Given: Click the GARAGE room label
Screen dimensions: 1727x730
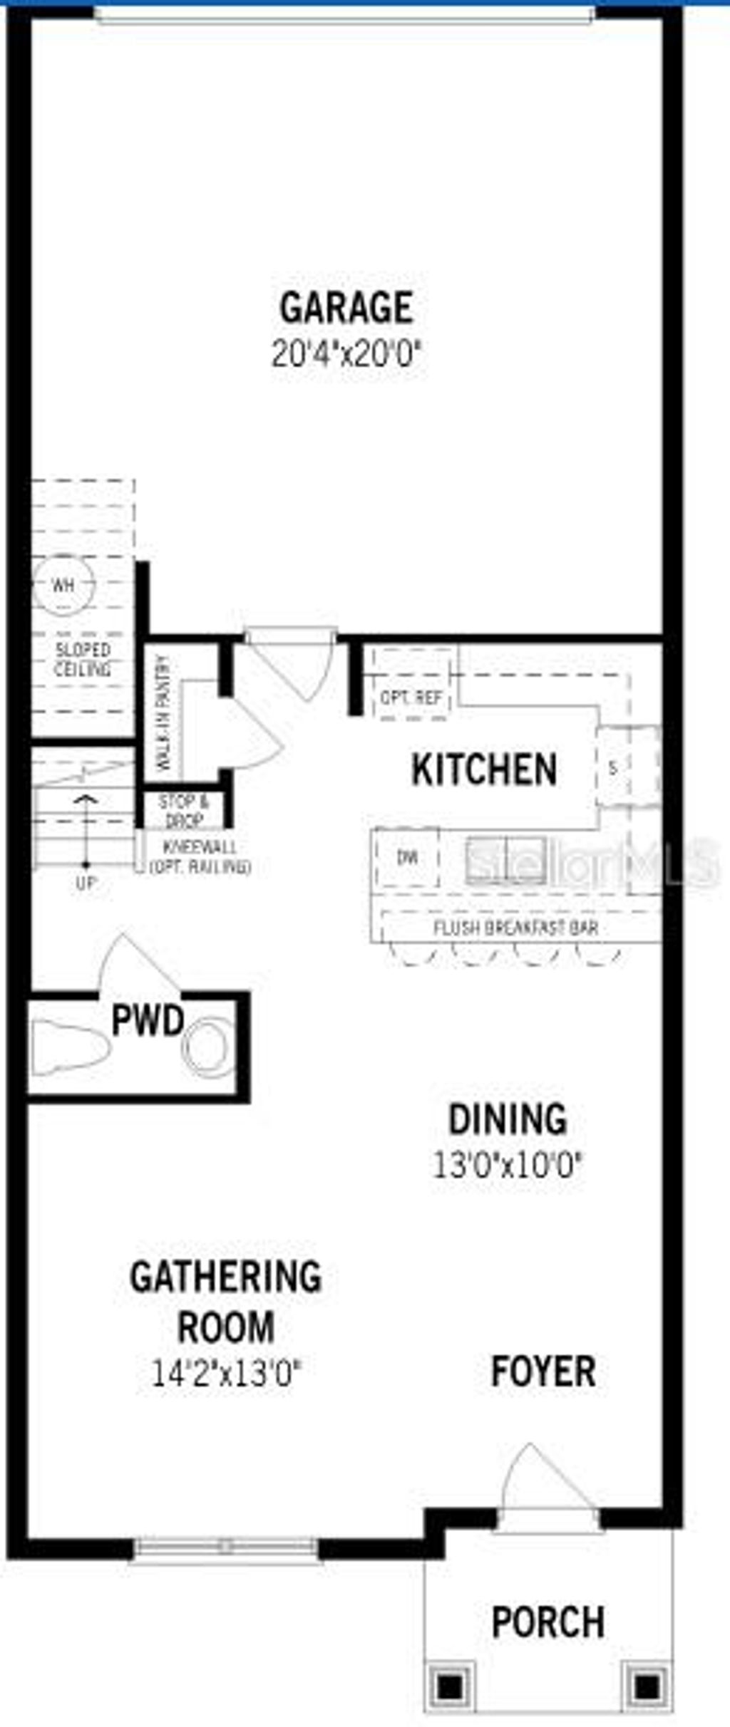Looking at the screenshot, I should (x=346, y=307).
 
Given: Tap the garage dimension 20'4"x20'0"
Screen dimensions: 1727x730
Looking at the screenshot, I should (x=346, y=353).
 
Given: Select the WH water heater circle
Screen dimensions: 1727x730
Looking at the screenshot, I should (x=63, y=586).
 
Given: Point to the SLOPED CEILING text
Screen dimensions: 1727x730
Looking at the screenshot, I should (x=83, y=660).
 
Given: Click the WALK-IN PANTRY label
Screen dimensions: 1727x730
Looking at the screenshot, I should (x=164, y=713).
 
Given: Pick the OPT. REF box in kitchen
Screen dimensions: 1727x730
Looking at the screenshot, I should (x=412, y=697).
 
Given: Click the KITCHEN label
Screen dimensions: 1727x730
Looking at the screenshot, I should (x=484, y=769).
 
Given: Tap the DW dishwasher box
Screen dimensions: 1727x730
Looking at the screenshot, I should (x=407, y=857).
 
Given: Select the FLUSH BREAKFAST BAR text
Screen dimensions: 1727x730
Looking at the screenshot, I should (x=515, y=928).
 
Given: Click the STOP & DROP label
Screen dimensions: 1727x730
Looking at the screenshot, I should (x=183, y=811).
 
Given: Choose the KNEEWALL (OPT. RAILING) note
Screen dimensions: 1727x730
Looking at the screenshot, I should (x=200, y=857).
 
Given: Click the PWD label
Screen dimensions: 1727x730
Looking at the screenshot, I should (x=148, y=1020).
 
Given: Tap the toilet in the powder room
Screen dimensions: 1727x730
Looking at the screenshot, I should (x=68, y=1047).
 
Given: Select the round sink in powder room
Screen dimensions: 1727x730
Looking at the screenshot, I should (x=208, y=1048).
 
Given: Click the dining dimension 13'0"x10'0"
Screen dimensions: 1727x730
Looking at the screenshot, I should (x=508, y=1166).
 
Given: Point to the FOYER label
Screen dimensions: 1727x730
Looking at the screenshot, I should (x=543, y=1371).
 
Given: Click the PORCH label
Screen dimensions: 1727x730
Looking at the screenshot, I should (x=547, y=1622).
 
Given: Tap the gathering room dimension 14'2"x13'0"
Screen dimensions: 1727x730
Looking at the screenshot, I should (x=227, y=1373).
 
